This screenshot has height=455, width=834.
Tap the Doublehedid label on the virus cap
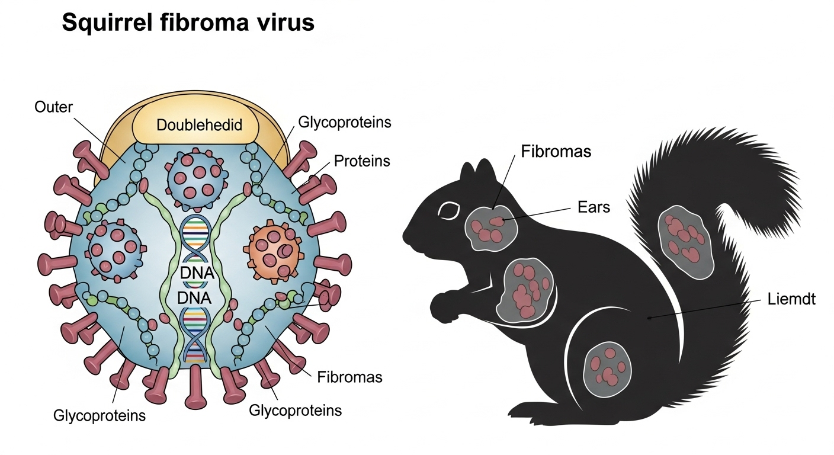point(195,125)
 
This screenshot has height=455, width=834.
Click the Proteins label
point(362,161)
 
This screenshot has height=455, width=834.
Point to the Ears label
point(594,208)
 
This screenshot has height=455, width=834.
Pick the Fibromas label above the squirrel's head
point(556,150)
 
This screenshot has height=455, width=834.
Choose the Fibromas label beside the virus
point(349,377)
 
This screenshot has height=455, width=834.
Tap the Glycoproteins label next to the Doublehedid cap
point(345,122)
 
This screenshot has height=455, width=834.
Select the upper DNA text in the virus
point(198,275)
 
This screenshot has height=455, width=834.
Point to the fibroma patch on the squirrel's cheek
point(490,227)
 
